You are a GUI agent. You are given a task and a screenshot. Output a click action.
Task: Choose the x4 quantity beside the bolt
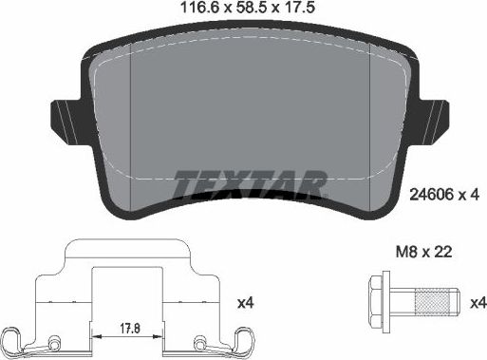click(477, 304)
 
